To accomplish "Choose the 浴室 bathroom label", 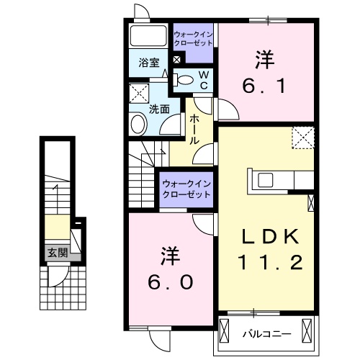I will [150, 63].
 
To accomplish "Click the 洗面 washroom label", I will [159, 109].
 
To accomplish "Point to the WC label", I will [204, 80].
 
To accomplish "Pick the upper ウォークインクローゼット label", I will [192, 38].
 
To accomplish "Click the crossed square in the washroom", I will [138, 94].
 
